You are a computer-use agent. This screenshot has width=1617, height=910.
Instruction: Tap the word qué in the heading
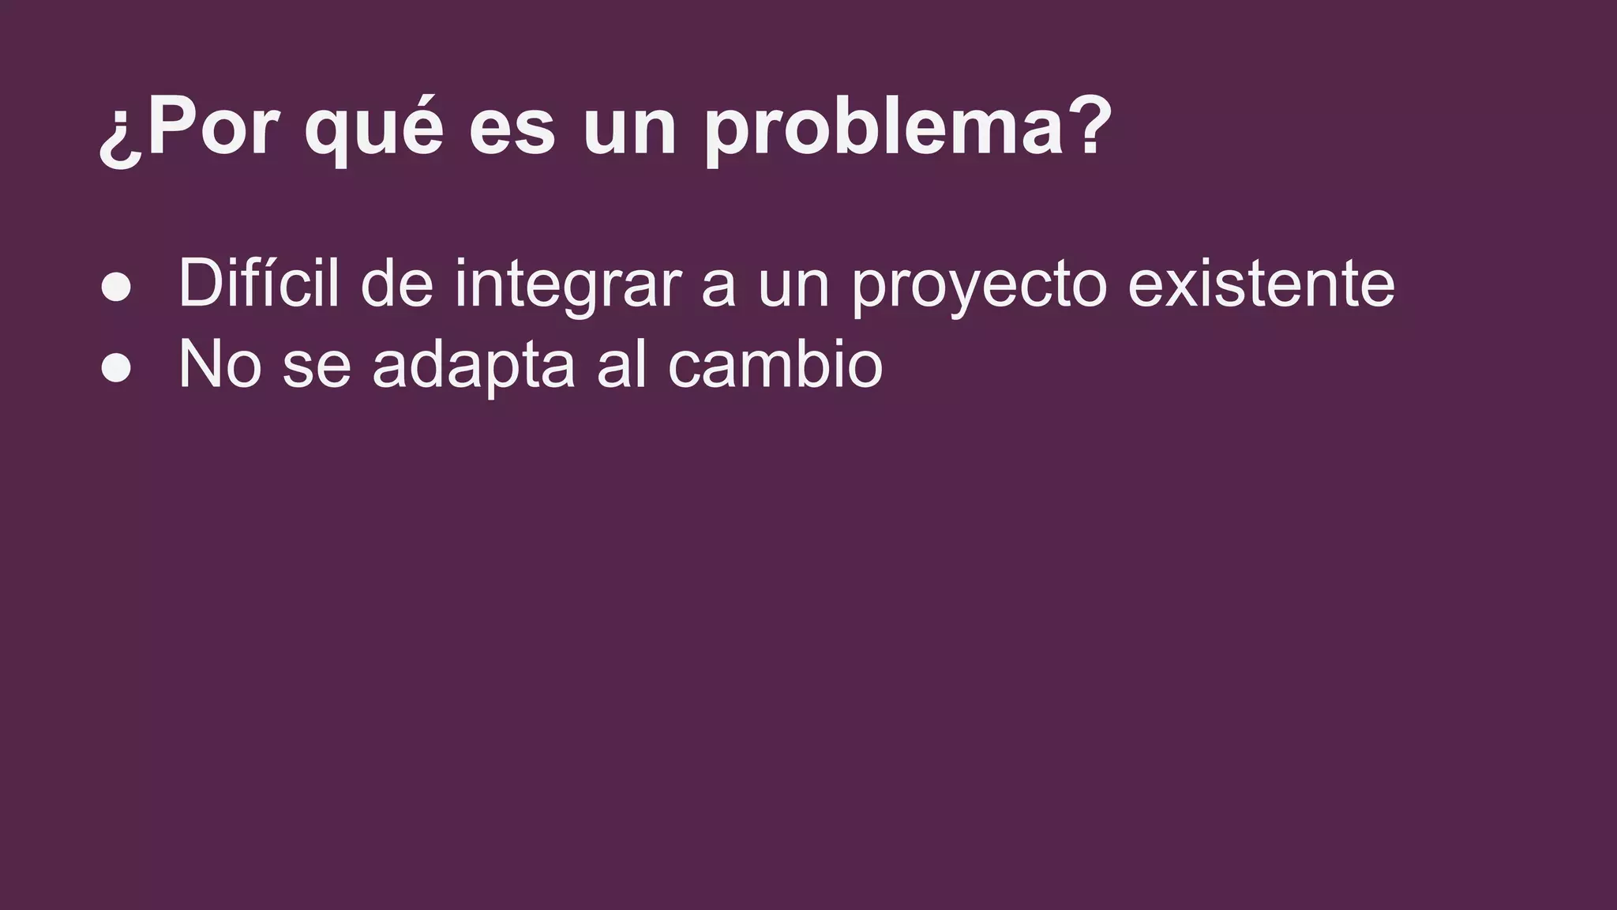[x=373, y=130]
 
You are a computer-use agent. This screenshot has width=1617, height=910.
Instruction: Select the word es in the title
[x=512, y=130]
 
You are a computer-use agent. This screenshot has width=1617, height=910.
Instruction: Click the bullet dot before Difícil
[x=116, y=288]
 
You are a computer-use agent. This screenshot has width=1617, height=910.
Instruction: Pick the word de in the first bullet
[x=397, y=283]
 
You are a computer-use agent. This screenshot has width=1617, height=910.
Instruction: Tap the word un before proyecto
[x=793, y=286]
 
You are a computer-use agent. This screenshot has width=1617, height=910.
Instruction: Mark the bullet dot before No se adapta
[x=116, y=368]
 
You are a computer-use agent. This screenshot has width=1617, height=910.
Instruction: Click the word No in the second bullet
[x=219, y=364]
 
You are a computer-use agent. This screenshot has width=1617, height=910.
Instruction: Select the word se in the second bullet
[x=317, y=367]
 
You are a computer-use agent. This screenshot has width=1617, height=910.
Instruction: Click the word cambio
[x=775, y=364]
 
